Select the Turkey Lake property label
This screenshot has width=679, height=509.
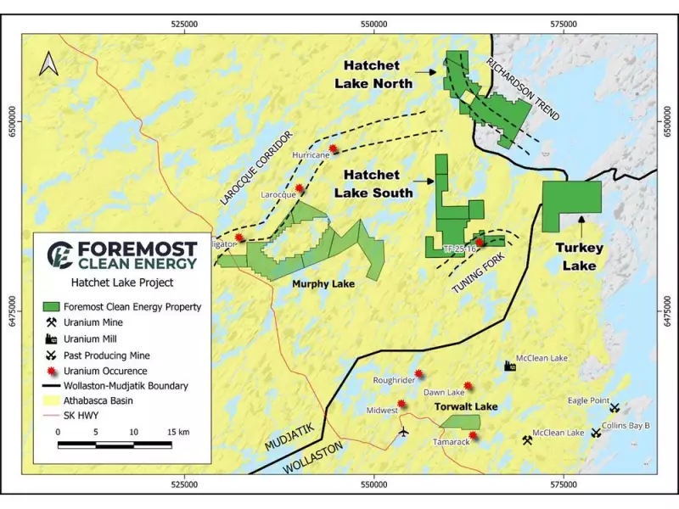pos(580,256)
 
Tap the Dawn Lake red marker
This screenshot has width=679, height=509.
pos(469,385)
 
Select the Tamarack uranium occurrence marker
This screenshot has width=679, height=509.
pos(473,436)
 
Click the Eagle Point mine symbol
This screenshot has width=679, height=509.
pos(614,408)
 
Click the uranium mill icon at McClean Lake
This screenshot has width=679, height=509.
pos(510,366)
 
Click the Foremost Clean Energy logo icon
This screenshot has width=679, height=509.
pos(59,253)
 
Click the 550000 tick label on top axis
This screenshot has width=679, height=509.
pos(374,25)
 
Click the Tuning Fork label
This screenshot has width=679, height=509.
pos(475,277)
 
